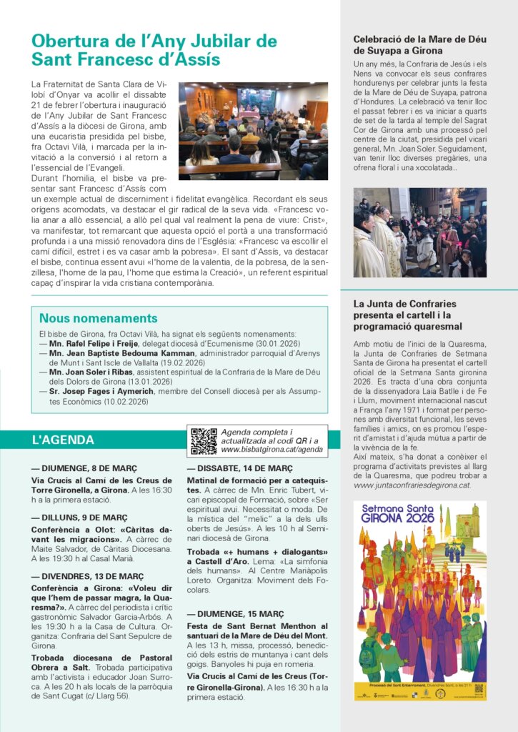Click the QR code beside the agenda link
[x=204, y=441]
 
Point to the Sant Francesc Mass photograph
[x=253, y=131]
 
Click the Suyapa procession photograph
[x=419, y=232]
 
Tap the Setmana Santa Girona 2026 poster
[x=419, y=600]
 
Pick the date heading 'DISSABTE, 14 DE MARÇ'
[x=239, y=469]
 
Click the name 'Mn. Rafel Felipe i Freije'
[x=92, y=343]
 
